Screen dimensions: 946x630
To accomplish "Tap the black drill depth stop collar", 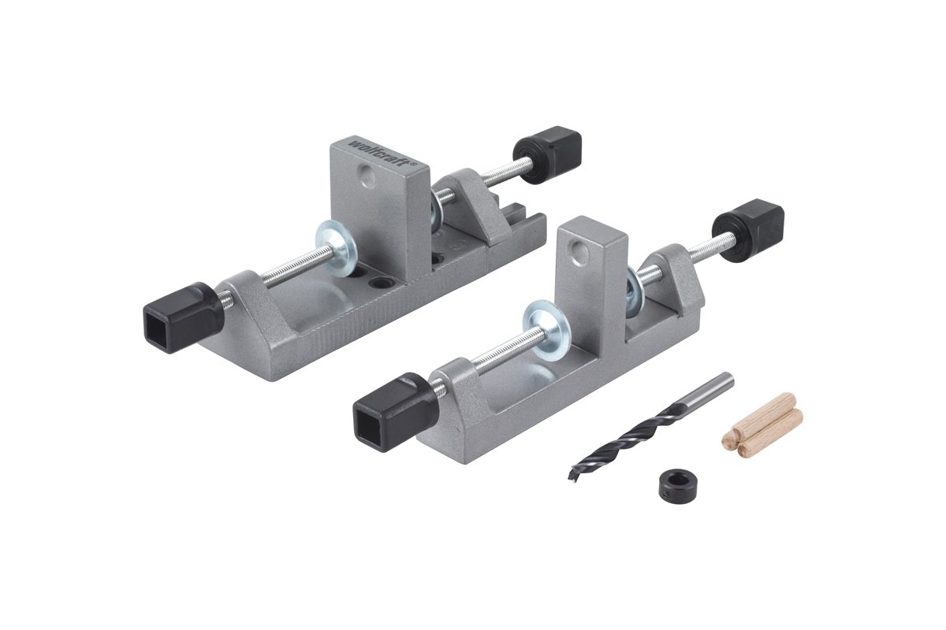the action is tap(678, 487).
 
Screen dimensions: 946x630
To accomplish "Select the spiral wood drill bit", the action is tap(650, 427).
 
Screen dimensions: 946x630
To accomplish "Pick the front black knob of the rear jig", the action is tap(183, 317).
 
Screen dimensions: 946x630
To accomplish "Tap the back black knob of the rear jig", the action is tap(547, 154).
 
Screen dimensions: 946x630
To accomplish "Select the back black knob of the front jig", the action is tap(748, 231).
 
